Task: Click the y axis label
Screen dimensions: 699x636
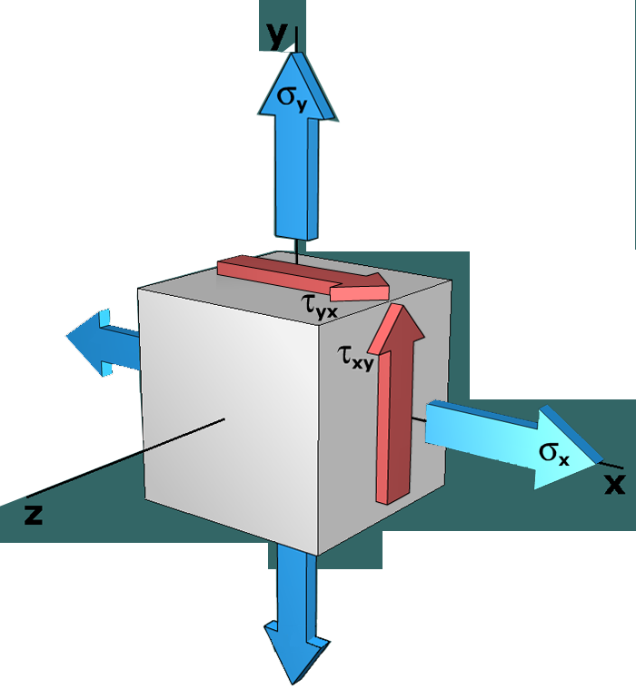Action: coord(274,34)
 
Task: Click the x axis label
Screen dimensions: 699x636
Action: coord(615,485)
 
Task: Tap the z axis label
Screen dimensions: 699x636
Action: coord(34,515)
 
